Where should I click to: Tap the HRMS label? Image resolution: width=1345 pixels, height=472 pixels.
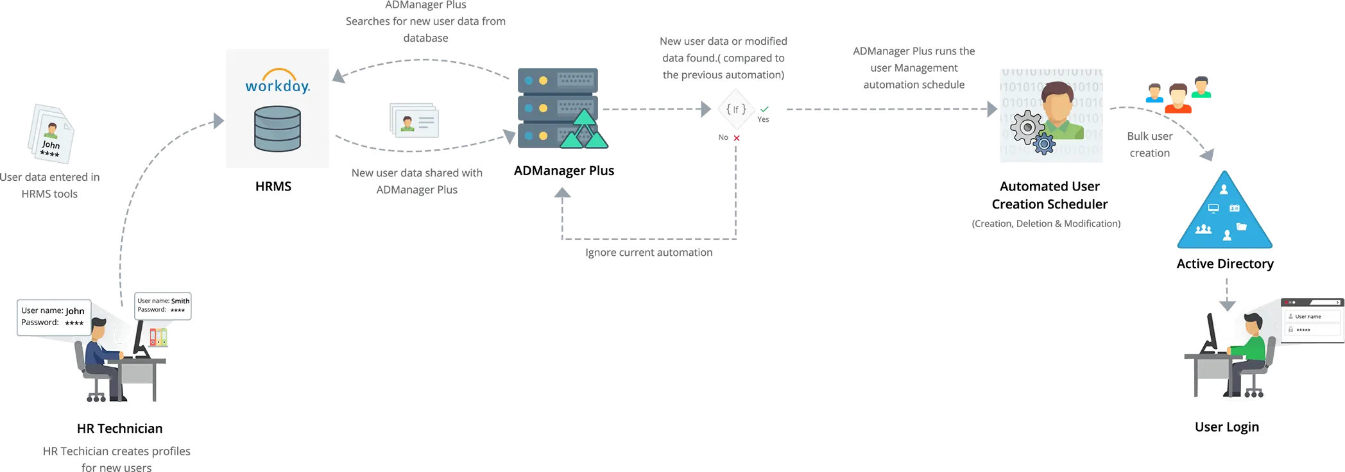[274, 187]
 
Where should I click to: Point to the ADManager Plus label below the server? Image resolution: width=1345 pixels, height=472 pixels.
[564, 171]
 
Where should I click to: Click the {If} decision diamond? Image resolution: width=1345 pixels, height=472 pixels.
[735, 110]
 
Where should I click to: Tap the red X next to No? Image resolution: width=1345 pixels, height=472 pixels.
[737, 138]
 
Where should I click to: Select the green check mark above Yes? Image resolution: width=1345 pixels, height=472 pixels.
[764, 109]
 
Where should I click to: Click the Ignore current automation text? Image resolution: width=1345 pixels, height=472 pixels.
[649, 253]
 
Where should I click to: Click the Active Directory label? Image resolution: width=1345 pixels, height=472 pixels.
[1224, 264]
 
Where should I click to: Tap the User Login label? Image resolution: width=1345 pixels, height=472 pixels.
[1227, 427]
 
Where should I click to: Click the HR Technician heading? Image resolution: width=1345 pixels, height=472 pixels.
[120, 428]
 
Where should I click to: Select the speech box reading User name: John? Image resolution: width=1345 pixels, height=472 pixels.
[53, 317]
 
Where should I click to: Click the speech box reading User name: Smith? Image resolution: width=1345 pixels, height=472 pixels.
[163, 305]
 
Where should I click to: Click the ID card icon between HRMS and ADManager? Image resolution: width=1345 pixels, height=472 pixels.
[414, 121]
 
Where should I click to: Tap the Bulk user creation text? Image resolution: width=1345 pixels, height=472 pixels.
[1150, 145]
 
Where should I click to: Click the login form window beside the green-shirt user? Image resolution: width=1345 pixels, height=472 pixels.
[1310, 321]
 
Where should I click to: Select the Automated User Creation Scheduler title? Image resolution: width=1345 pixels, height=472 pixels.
[1050, 196]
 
